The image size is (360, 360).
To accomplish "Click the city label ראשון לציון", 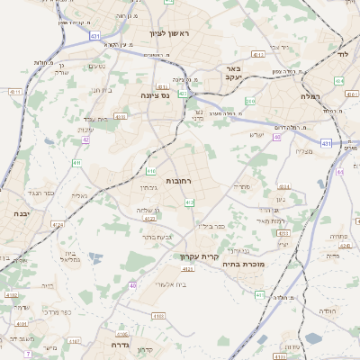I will click(168, 33).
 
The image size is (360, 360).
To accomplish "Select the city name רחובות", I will click(179, 181).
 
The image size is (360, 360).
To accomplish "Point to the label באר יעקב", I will click(233, 73).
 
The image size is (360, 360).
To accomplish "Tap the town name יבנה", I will click(13, 213).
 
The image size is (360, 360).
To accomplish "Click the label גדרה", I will click(120, 347).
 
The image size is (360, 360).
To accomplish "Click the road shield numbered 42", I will click(85, 139).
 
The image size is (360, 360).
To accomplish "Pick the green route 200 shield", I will click(250, 102).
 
